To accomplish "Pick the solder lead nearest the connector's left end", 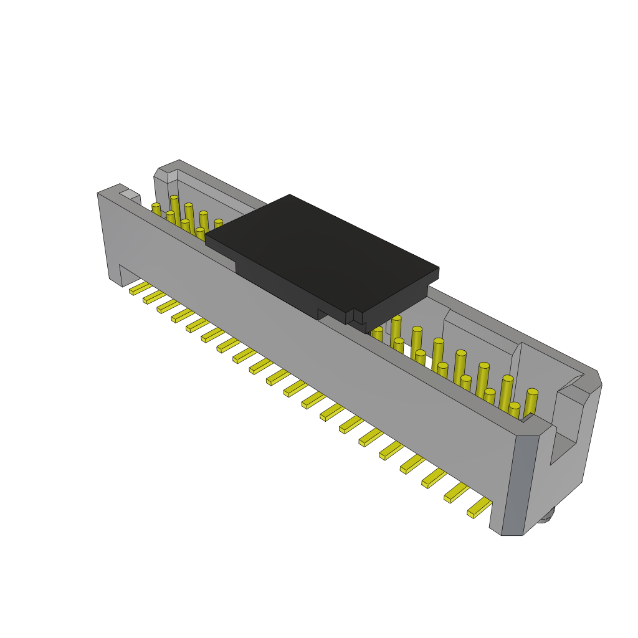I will click(x=140, y=288).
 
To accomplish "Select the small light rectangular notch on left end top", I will click(x=130, y=195).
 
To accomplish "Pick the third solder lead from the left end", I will click(x=168, y=306).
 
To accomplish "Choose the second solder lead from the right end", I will click(x=456, y=492).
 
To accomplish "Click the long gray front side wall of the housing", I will click(x=312, y=349).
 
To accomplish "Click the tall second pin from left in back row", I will click(x=174, y=209).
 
